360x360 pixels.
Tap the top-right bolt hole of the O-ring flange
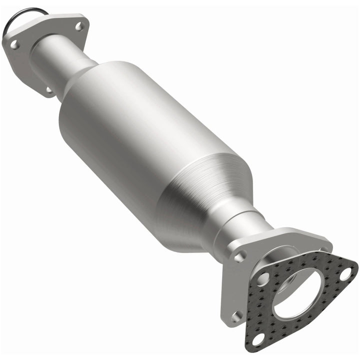tap(79, 26)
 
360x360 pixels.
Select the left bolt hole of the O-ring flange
tap(14, 45)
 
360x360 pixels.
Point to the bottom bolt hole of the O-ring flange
tap(49, 90)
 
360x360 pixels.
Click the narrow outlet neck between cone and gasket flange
tap(240, 220)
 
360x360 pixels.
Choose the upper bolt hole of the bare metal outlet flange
tap(240, 256)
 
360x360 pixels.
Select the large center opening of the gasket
tap(297, 292)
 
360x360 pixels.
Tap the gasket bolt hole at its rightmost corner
tap(345, 273)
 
